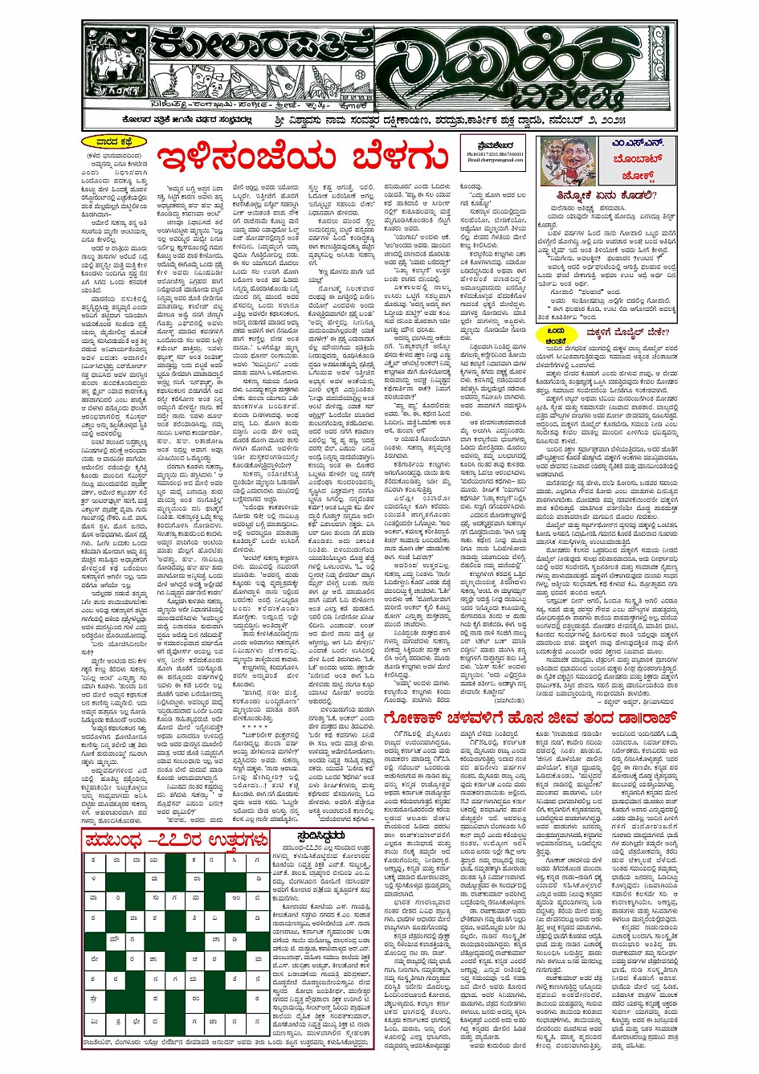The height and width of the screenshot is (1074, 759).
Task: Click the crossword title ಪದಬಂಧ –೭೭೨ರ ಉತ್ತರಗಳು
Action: [175, 839]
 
